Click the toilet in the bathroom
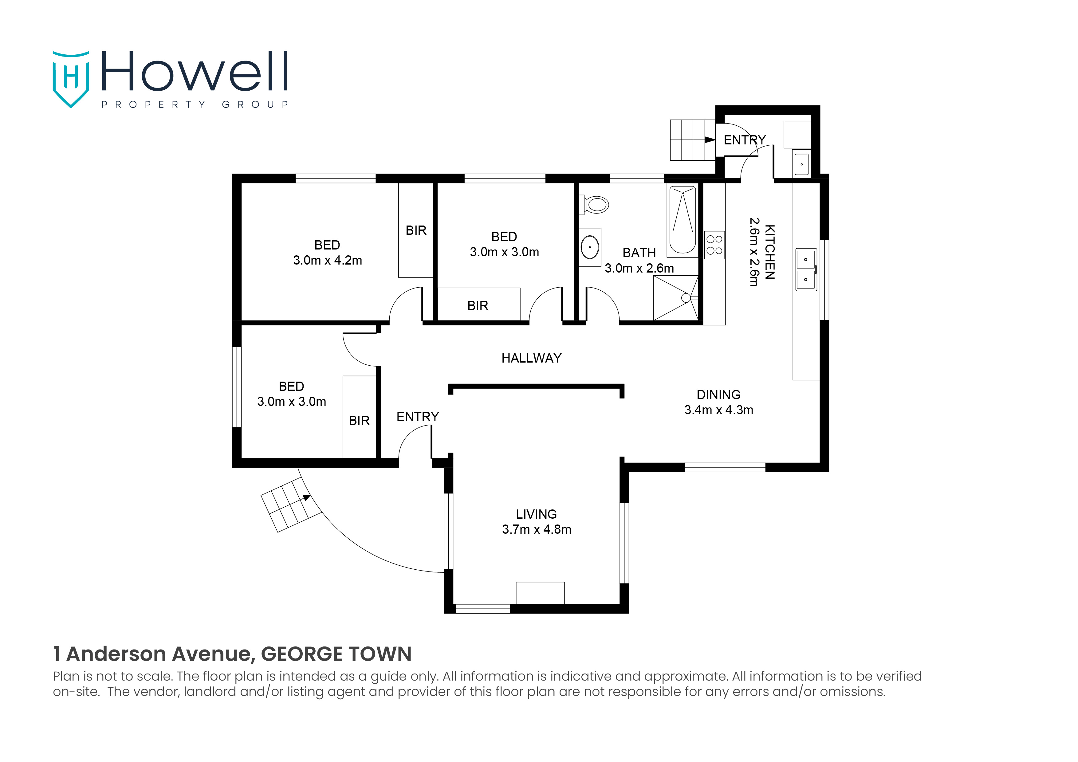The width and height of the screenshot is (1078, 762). pyautogui.click(x=596, y=205)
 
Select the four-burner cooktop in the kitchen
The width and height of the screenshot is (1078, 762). pyautogui.click(x=714, y=245)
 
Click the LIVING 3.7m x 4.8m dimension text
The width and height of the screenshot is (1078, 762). pyautogui.click(x=536, y=530)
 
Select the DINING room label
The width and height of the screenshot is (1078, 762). pyautogui.click(x=718, y=395)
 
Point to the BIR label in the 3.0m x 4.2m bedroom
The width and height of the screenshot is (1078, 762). pyautogui.click(x=416, y=230)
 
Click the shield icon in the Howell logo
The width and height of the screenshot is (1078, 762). pyautogui.click(x=70, y=79)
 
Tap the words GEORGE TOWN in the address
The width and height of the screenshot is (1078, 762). pyautogui.click(x=336, y=654)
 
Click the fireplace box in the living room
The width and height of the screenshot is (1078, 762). pyautogui.click(x=540, y=593)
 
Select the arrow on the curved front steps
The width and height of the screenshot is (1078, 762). pyautogui.click(x=306, y=498)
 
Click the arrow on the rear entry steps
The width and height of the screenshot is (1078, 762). pyautogui.click(x=710, y=140)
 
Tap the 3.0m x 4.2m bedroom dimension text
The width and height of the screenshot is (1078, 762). pyautogui.click(x=327, y=261)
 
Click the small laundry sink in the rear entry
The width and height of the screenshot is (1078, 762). pyautogui.click(x=801, y=164)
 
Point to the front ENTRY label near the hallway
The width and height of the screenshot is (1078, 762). pyautogui.click(x=417, y=417)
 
